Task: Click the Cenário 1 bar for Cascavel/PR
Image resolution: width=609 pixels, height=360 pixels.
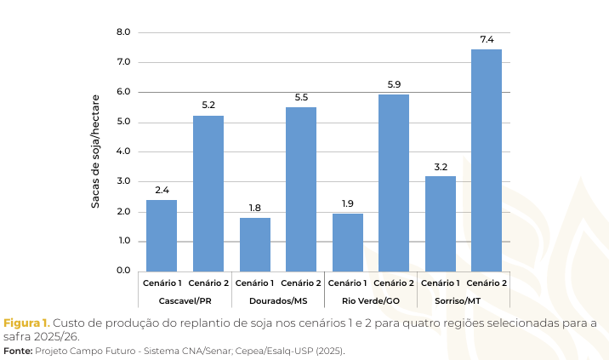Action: point(162,235)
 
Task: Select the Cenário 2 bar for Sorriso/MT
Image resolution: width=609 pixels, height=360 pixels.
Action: point(487,160)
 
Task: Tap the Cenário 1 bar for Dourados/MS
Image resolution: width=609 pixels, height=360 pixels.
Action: point(255,244)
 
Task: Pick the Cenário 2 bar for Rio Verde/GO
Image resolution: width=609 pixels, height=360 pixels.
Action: point(394,182)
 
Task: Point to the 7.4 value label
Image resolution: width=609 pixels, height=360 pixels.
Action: point(487,39)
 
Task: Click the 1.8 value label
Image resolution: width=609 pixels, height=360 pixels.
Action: point(255,208)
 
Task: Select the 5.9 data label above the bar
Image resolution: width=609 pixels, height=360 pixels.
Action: point(394,83)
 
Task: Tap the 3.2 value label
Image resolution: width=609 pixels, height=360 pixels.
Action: point(441,166)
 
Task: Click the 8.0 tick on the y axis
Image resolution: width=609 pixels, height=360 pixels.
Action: point(123,32)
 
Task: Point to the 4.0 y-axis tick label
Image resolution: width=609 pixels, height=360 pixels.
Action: point(123,151)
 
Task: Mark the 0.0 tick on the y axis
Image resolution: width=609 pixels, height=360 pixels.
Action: point(123,271)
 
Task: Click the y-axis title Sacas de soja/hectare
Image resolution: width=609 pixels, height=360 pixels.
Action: point(96,151)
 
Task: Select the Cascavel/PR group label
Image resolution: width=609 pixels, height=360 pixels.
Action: point(185,301)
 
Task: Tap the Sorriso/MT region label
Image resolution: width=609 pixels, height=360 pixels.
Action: point(464,301)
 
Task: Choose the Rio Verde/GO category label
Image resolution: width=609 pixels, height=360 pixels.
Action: point(371,301)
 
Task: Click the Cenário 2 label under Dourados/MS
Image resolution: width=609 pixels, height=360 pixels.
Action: point(301,283)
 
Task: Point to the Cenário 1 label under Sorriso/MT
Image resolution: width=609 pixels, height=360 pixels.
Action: point(441,283)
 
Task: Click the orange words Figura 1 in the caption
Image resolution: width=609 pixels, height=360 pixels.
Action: point(26,323)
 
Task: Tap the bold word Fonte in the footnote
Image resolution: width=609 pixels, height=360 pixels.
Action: point(17,350)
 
